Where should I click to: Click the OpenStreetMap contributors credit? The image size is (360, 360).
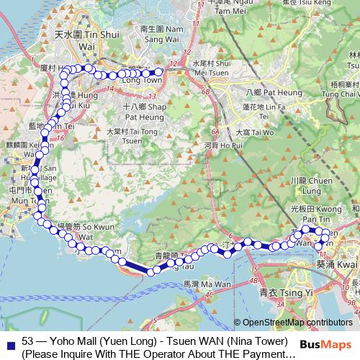point(297,323)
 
